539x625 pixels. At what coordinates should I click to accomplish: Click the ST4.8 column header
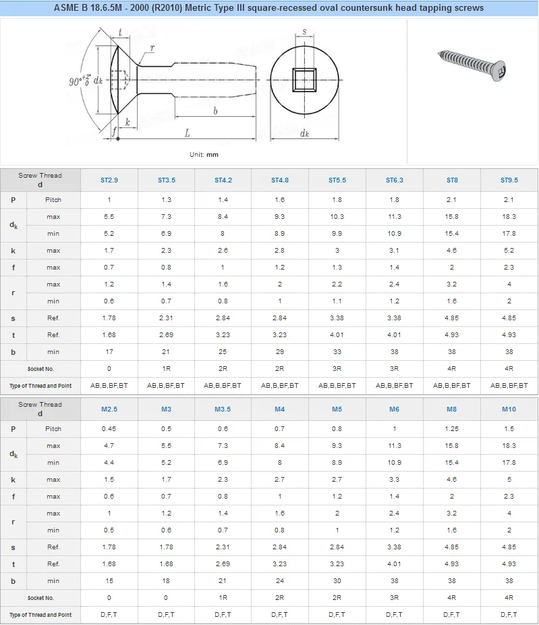[x=280, y=180]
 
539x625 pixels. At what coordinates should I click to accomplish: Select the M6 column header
[x=394, y=409]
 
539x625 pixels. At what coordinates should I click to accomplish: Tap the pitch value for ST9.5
[x=509, y=200]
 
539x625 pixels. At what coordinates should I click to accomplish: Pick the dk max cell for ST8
[x=451, y=217]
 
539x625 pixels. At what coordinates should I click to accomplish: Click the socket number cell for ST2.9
[x=109, y=369]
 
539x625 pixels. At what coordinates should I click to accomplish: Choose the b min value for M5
[x=337, y=581]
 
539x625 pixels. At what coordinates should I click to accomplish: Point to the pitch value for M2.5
[x=109, y=429]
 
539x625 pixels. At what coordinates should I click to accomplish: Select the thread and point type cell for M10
[x=509, y=615]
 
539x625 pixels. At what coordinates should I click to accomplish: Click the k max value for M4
[x=280, y=480]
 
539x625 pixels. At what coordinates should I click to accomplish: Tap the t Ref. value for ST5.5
[x=337, y=335]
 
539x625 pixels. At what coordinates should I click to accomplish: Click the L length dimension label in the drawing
[x=188, y=134]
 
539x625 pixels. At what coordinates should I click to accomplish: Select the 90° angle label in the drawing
[x=79, y=81]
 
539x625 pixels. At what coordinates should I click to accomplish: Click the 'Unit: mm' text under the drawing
[x=204, y=155]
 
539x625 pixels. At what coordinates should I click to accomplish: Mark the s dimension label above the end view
[x=304, y=31]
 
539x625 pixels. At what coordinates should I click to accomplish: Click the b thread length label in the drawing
[x=215, y=111]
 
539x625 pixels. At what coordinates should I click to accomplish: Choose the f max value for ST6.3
[x=394, y=268]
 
